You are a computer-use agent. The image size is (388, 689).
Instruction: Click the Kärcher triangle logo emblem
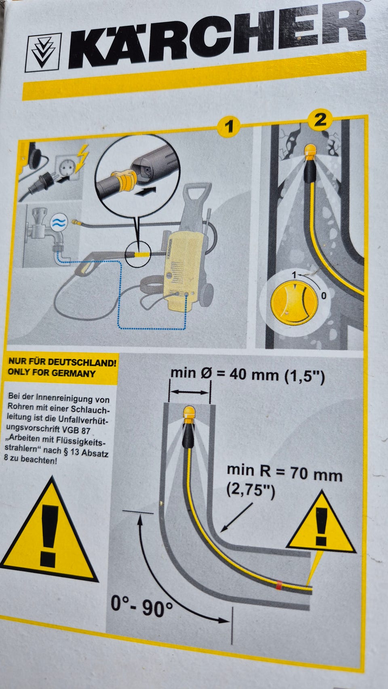pyautogui.click(x=43, y=53)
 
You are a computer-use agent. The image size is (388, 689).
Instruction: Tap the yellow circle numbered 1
pyautogui.click(x=229, y=126)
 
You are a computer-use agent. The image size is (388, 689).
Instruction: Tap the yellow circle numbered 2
pyautogui.click(x=320, y=120)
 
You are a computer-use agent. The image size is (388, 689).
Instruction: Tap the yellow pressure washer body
pyautogui.click(x=183, y=268)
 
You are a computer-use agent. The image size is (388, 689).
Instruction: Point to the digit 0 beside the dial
pyautogui.click(x=323, y=296)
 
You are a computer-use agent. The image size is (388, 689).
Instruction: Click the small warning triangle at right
pyautogui.click(x=321, y=523)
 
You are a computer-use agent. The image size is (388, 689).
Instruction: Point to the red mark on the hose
pyautogui.click(x=278, y=585)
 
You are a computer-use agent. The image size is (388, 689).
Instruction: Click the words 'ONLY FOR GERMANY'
pyautogui.click(x=52, y=373)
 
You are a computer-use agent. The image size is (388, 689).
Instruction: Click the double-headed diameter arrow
pyautogui.click(x=189, y=392)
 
